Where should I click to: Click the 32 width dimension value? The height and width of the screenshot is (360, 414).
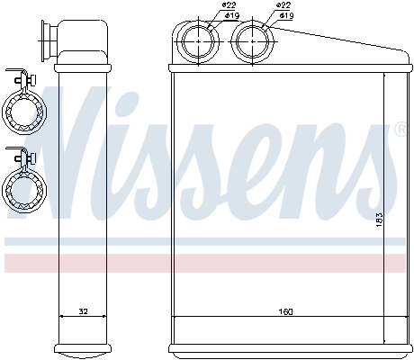pos(84,311)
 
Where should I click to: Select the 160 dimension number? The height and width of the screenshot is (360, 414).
pos(286,311)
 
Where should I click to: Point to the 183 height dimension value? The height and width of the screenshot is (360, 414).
pos(380,218)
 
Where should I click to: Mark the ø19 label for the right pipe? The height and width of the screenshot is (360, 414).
pos(286,16)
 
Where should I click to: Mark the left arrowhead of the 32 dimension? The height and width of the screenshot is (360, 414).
pos(61,316)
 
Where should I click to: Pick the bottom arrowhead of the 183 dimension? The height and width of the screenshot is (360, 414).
pos(384,341)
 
